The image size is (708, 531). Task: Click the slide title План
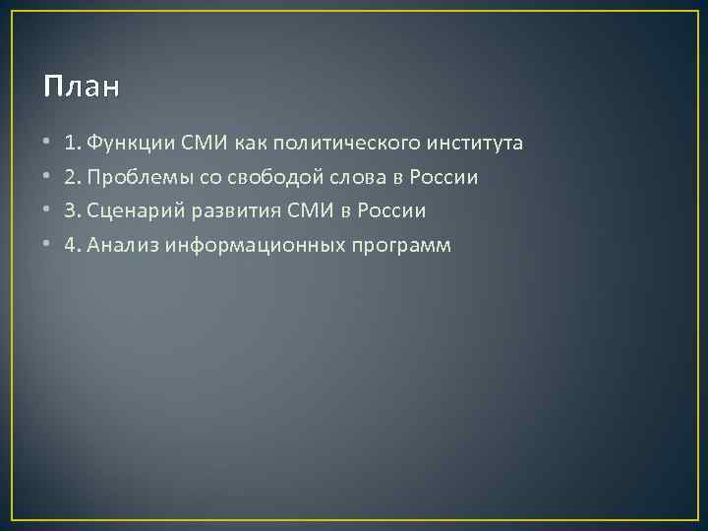pyautogui.click(x=82, y=88)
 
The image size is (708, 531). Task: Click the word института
pyautogui.click(x=475, y=145)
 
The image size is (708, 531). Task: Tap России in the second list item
pyautogui.click(x=434, y=178)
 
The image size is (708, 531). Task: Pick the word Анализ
pyautogui.click(x=118, y=245)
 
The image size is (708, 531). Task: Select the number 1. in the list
pyautogui.click(x=72, y=145)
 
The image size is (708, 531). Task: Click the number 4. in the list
pyautogui.click(x=72, y=245)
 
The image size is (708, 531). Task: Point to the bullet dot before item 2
pyautogui.click(x=47, y=178)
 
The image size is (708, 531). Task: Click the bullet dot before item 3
pyautogui.click(x=47, y=211)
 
